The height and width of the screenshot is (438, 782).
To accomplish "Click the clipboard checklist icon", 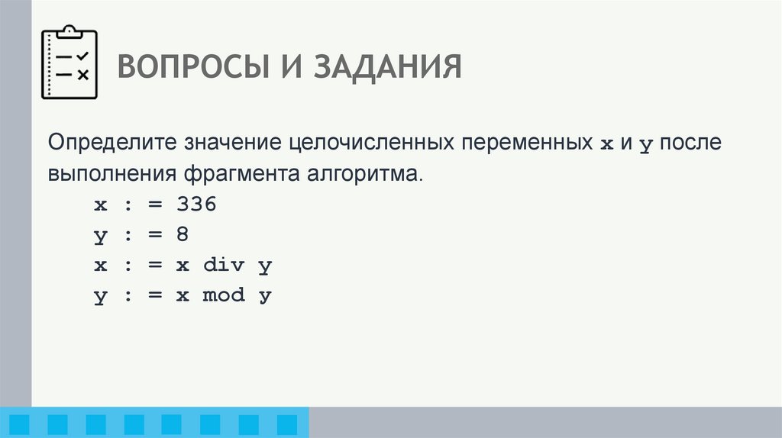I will click(x=69, y=64).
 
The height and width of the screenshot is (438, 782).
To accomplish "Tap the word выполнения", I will click(x=111, y=174).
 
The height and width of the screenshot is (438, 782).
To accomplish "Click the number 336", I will click(x=197, y=204).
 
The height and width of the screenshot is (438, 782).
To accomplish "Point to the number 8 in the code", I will click(x=182, y=234).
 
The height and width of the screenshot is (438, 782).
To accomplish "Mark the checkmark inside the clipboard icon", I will click(x=82, y=56).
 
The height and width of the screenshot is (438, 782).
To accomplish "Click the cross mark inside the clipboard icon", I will click(x=83, y=74).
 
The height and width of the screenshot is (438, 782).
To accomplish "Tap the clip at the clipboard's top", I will click(x=69, y=31).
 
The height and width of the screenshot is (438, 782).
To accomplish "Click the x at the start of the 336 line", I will click(x=100, y=205).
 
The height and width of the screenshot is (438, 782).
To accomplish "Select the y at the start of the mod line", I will click(x=100, y=296).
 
